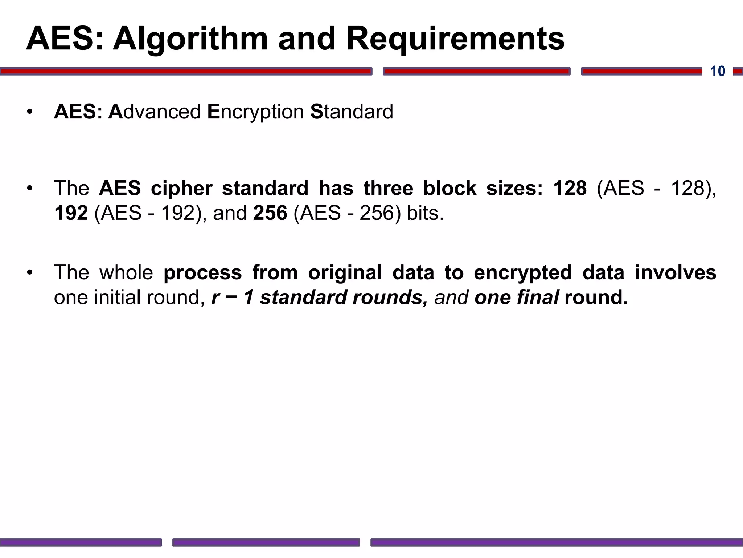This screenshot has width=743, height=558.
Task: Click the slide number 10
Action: click(x=717, y=71)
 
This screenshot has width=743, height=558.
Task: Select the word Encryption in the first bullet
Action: click(x=255, y=112)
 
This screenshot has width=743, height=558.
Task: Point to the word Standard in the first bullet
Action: click(x=352, y=112)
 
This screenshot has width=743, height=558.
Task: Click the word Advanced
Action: click(x=155, y=112)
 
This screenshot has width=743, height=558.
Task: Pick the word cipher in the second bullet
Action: click(x=181, y=188)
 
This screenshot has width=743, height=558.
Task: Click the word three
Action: click(x=388, y=188)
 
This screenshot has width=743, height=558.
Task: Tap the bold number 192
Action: click(x=71, y=213)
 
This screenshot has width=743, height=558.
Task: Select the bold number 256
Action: click(x=270, y=213)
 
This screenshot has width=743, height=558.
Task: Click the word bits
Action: click(x=425, y=213)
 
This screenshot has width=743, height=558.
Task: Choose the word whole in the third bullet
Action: click(x=126, y=272)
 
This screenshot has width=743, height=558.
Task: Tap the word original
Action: click(x=345, y=273)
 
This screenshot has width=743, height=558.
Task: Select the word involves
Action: click(x=676, y=272)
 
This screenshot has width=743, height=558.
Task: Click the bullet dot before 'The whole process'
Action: click(x=30, y=272)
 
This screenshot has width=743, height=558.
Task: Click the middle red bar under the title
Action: click(x=476, y=72)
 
